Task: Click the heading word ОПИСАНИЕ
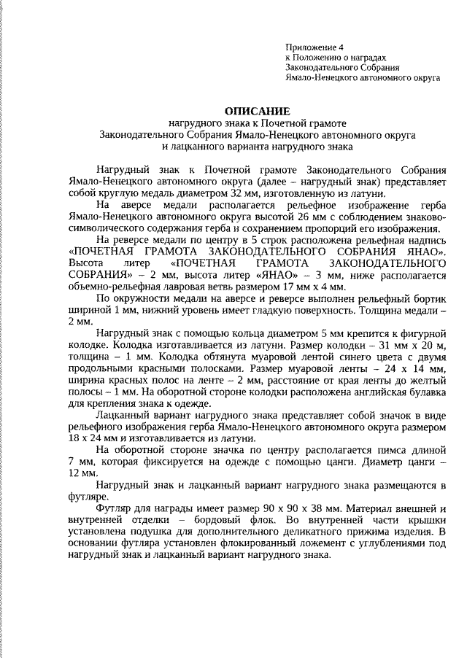[x=257, y=111]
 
